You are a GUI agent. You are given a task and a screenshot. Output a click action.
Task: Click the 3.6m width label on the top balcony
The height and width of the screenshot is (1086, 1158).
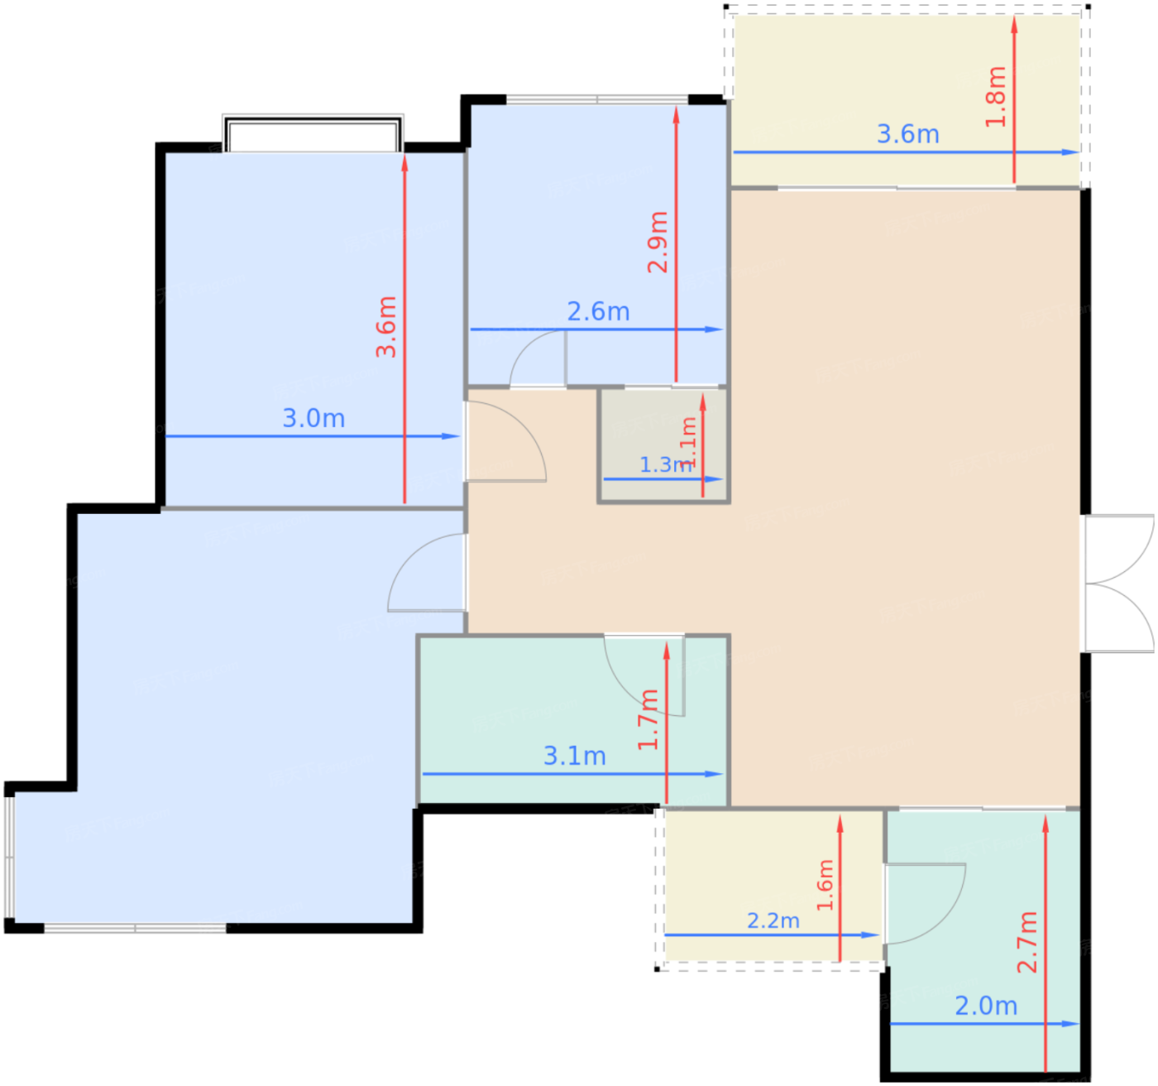(907, 134)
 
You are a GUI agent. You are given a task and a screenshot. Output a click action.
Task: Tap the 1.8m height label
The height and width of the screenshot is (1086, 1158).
(996, 97)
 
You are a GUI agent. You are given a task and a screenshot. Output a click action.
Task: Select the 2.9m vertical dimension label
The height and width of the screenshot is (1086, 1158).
(658, 242)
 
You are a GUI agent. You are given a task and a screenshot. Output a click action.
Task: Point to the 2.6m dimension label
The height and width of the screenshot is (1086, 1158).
(598, 312)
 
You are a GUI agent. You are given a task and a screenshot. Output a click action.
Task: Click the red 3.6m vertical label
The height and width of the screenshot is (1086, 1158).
(386, 327)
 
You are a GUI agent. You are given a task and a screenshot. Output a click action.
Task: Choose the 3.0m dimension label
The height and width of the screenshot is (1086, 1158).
(313, 418)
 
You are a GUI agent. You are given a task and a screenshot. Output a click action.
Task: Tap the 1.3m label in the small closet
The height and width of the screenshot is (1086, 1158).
(665, 464)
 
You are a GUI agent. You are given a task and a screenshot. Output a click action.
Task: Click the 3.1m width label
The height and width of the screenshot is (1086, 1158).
(574, 756)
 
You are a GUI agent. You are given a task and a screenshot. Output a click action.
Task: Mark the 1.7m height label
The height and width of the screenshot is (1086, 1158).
(648, 719)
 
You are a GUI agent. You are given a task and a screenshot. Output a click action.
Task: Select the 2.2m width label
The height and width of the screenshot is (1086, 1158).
(773, 920)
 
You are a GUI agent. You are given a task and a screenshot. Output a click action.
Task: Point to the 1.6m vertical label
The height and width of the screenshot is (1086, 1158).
(825, 885)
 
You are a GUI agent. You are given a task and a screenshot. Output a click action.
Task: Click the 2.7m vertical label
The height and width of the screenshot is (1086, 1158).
(1026, 942)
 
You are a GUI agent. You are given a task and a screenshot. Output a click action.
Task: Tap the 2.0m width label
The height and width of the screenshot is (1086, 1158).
(985, 1006)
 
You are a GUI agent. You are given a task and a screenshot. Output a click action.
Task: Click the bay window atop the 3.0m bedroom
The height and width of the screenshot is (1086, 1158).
(313, 134)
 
